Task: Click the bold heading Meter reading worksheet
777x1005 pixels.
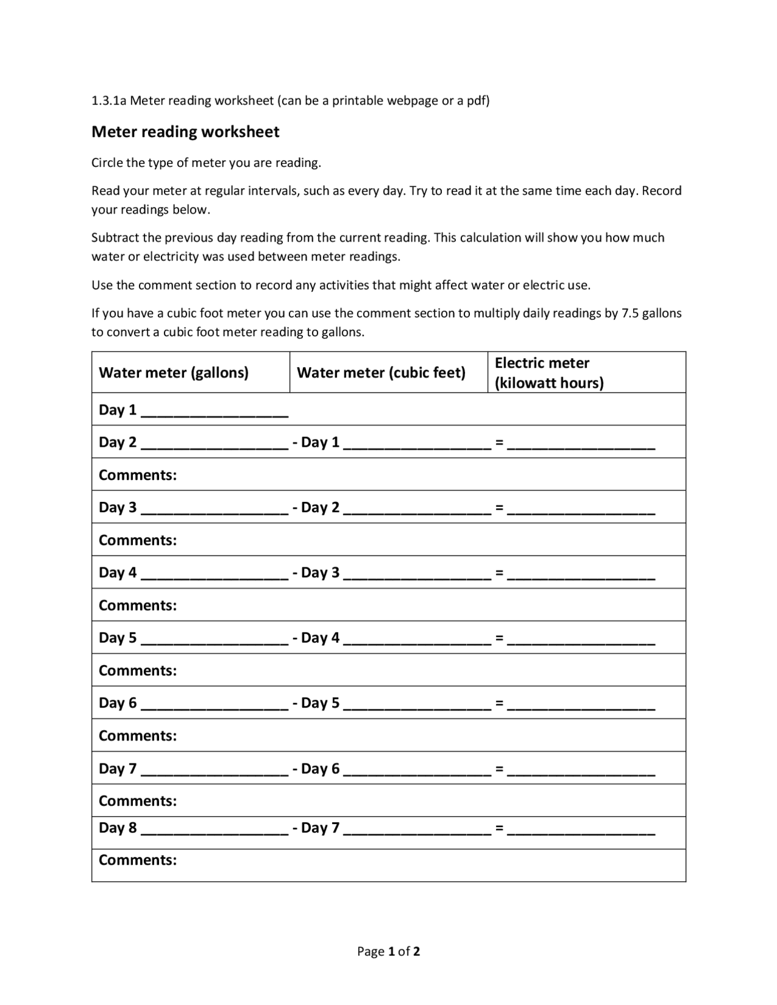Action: click(185, 132)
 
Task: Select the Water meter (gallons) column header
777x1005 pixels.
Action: click(174, 372)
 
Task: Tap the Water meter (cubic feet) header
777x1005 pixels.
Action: click(381, 372)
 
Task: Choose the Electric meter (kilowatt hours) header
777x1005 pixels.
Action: click(549, 373)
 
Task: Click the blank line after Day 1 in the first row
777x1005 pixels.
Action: click(214, 413)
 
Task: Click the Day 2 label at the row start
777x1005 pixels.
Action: click(117, 442)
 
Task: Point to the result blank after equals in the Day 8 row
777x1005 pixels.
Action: click(581, 831)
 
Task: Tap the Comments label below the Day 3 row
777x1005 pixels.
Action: click(138, 540)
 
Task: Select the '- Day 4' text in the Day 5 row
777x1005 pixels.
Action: click(316, 637)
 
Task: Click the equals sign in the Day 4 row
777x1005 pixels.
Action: click(499, 572)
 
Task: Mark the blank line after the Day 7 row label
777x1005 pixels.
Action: click(214, 772)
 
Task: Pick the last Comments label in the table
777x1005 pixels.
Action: click(138, 860)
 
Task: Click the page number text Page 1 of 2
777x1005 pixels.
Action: click(388, 951)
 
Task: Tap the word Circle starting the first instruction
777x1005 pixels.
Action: click(107, 163)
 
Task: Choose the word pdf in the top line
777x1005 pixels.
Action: click(475, 101)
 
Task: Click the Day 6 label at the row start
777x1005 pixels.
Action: click(117, 703)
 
